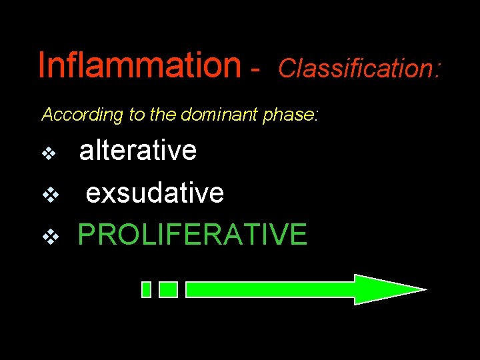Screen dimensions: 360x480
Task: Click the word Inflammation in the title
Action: pos(139,65)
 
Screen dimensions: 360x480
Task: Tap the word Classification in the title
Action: pos(355,67)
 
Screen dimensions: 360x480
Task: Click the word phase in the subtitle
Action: pos(289,115)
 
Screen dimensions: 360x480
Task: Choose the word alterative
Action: pos(138,151)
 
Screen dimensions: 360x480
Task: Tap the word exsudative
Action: pos(155,193)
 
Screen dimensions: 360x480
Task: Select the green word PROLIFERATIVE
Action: pos(192,235)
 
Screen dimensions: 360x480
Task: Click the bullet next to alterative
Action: pos(49,154)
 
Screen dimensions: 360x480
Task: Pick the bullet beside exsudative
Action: pos(49,195)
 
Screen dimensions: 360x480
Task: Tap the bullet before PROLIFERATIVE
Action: pos(49,236)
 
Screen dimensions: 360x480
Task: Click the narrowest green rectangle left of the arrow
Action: pos(147,289)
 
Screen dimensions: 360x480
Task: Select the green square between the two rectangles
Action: pos(169,289)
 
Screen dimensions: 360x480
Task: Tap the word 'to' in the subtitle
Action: pos(138,115)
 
